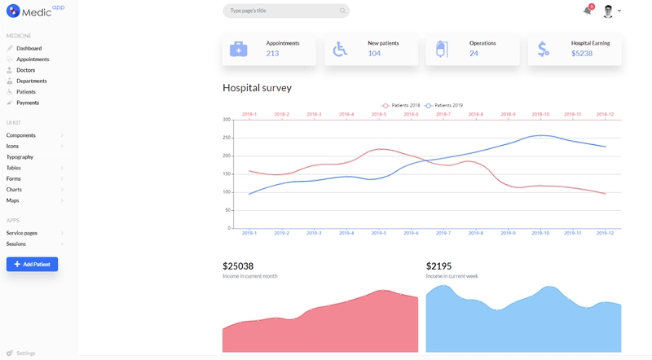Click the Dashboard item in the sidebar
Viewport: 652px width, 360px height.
tap(29, 49)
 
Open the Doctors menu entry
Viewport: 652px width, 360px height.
tap(25, 70)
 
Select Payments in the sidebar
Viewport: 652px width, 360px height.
tap(28, 103)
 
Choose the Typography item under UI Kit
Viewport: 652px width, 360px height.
tap(20, 156)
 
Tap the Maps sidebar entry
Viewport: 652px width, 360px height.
tap(13, 200)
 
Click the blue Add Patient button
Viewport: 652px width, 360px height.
tap(32, 265)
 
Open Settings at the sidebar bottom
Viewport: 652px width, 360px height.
tap(25, 353)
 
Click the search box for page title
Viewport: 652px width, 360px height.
tap(281, 11)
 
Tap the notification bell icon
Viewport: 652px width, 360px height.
tap(587, 11)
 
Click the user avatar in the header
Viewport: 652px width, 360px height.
tap(608, 11)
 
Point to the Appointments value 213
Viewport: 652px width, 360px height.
tap(272, 54)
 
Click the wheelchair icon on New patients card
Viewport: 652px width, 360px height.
tap(340, 49)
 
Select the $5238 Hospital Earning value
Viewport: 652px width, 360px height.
tap(582, 54)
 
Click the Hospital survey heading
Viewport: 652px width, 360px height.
tap(257, 88)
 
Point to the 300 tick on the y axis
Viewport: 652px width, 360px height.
tap(227, 120)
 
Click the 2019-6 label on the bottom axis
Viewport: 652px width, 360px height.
tap(411, 233)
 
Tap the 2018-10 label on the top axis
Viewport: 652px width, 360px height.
tap(540, 114)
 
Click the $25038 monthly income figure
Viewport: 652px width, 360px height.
tap(238, 266)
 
